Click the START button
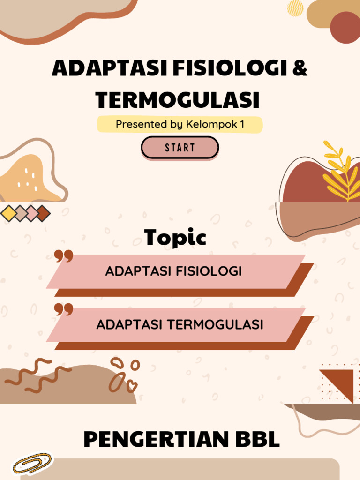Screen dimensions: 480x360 tap(180, 148)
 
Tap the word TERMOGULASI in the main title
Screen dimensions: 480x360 tap(177, 100)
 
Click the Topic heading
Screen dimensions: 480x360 tap(175, 238)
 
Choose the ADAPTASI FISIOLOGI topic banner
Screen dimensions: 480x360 tap(173, 271)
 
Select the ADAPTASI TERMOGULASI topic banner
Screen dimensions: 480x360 tap(180, 324)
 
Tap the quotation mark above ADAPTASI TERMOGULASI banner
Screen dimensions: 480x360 tap(64, 310)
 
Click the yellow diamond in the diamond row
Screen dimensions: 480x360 tap(8, 213)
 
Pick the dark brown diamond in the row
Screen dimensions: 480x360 tap(43, 213)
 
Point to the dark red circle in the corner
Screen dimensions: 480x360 tap(345, 27)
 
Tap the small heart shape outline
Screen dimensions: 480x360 tap(132, 385)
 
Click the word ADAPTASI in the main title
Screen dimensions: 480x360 tap(109, 68)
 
